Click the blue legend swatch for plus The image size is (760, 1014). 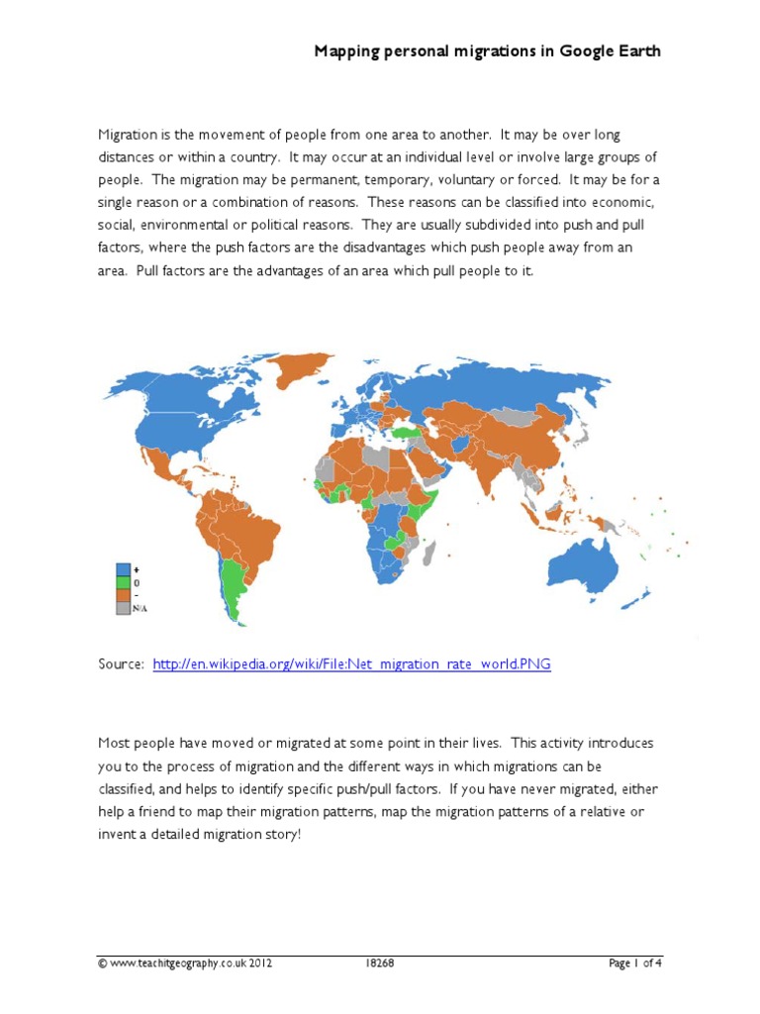pos(124,569)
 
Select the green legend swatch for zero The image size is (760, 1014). pos(124,583)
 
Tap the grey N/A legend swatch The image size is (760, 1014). pos(124,610)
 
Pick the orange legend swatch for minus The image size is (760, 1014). pos(124,596)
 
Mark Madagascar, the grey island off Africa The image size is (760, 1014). pos(428,551)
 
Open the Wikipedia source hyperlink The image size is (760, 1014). pos(351,664)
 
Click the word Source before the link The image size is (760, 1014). pos(121,664)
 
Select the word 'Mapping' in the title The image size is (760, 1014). pos(346,51)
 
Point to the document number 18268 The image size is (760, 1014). pos(380,963)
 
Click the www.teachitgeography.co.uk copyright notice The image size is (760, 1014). pos(184,963)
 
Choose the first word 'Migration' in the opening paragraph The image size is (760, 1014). pos(130,134)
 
